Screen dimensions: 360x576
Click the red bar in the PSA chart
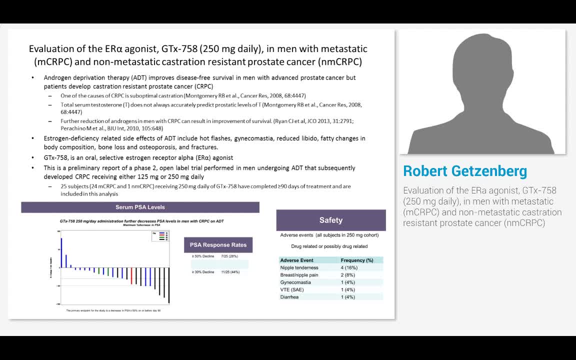point(131,276)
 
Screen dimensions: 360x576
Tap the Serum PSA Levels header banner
point(140,207)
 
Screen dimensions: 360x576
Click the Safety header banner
point(331,220)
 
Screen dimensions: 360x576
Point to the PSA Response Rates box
point(218,245)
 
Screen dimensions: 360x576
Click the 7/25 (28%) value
point(229,256)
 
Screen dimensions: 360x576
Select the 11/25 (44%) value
point(230,272)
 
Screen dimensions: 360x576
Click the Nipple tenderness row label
point(299,267)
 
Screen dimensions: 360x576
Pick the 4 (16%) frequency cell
point(349,267)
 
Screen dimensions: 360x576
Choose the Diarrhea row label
point(289,297)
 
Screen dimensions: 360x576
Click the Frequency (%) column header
point(357,260)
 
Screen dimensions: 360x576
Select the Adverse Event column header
point(297,260)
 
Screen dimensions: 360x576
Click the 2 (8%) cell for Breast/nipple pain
point(347,275)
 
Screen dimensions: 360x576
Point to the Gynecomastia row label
point(295,282)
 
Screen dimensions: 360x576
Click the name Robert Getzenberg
point(465,171)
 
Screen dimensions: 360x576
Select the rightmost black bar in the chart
point(169,285)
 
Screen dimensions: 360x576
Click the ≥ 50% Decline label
point(203,256)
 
